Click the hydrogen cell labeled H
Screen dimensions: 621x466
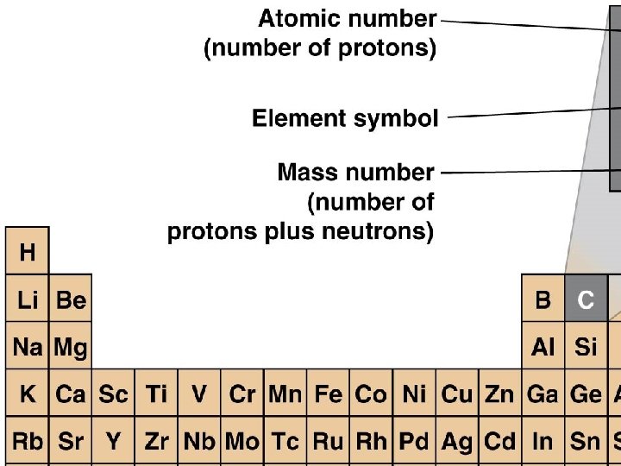pos(28,252)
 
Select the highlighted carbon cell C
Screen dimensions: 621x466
pos(586,299)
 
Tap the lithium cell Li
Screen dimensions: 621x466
pos(28,299)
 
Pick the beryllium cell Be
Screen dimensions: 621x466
pos(71,299)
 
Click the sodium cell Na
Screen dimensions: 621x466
pos(28,347)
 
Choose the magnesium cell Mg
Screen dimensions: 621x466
pos(71,347)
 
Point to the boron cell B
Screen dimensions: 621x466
pos(543,299)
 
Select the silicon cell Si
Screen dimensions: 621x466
pos(586,347)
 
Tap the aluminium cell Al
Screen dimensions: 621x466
pos(543,347)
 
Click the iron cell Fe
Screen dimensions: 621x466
pos(329,394)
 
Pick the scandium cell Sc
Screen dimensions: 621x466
pos(113,394)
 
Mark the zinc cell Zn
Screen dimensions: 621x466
pos(499,394)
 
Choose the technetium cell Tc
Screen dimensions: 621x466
pos(285,442)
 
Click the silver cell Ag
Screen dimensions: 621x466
pos(457,442)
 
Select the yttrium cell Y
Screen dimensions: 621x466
pos(113,442)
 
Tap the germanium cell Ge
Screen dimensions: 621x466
pos(586,394)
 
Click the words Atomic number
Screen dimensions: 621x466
pos(348,18)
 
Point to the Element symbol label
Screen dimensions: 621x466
pos(345,118)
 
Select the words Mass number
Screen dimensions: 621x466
pos(355,173)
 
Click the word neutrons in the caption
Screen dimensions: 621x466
pos(383,232)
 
